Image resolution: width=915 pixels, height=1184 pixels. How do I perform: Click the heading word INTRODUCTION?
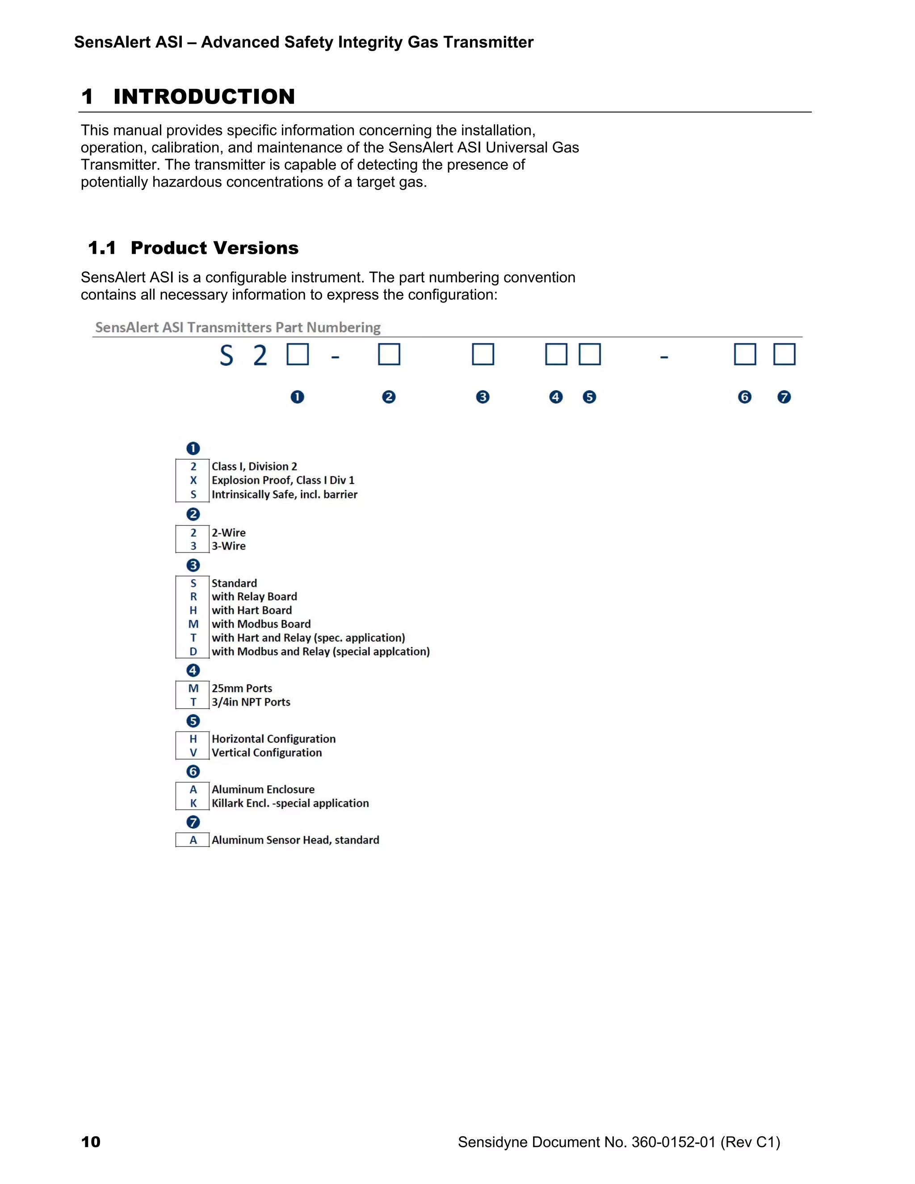click(x=204, y=97)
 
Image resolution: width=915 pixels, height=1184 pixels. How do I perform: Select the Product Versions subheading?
click(x=214, y=248)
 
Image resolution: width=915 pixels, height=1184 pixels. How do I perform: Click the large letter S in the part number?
click(x=226, y=356)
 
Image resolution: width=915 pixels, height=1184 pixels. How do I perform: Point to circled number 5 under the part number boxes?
click(x=589, y=397)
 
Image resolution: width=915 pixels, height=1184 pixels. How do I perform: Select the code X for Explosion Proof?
click(x=193, y=480)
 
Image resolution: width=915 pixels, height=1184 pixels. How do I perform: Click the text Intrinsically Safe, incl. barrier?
click(x=284, y=495)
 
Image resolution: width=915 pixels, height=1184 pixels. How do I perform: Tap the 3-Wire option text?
click(x=228, y=546)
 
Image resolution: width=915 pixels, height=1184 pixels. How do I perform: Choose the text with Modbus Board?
click(x=261, y=624)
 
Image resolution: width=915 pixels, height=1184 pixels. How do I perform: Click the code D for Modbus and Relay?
click(x=193, y=651)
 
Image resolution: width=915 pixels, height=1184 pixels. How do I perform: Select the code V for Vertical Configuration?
click(x=193, y=752)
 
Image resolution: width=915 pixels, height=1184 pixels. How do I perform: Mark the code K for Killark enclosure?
click(x=193, y=803)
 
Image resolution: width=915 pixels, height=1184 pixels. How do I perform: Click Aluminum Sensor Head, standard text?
click(x=295, y=840)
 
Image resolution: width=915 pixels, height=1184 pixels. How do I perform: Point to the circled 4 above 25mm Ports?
click(x=193, y=670)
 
